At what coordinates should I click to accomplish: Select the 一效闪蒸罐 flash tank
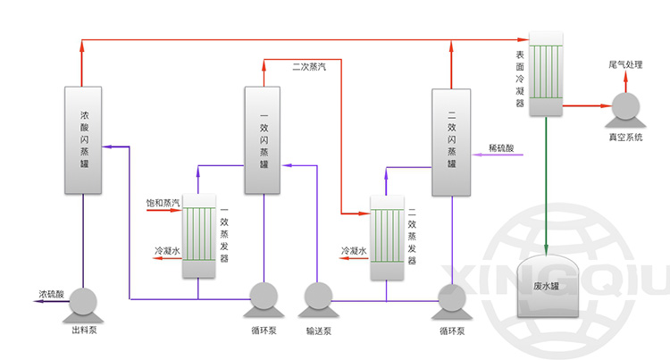coord(264,139)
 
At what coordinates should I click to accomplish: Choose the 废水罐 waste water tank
coord(545,284)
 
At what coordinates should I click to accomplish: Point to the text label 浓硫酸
coord(51,293)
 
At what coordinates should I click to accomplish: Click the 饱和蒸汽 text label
coord(163,205)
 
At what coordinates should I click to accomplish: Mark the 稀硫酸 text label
coord(501,147)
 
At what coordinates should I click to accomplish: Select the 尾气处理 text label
coord(625,65)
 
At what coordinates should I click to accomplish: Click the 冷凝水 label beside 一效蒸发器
coord(167,251)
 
